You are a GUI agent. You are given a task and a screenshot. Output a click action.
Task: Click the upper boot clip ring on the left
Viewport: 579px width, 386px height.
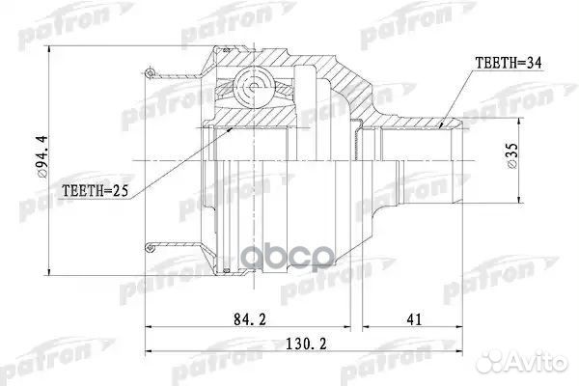[x=151, y=72]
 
